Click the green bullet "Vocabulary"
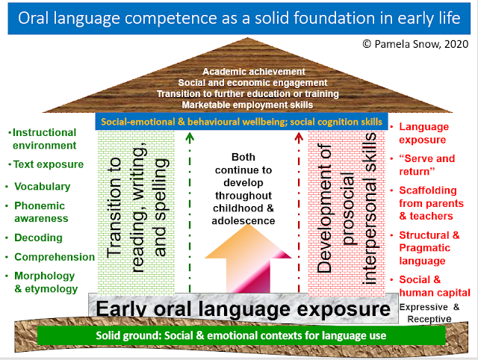click(45, 186)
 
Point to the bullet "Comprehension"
click(54, 257)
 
